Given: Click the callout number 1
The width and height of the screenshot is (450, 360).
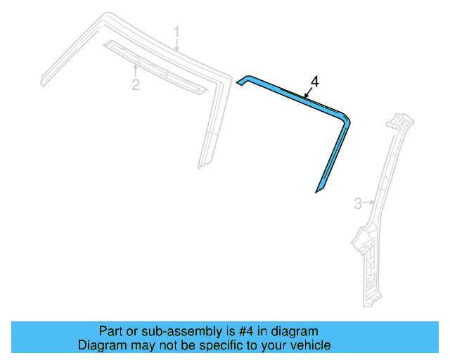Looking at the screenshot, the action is (x=177, y=32).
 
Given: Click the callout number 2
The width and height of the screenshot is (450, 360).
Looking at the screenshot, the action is (x=136, y=85).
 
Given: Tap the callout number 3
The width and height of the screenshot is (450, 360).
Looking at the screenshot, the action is (x=357, y=204).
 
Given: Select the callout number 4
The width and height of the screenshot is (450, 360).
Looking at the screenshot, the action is (x=314, y=82).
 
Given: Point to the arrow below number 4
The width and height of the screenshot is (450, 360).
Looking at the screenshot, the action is (x=307, y=93).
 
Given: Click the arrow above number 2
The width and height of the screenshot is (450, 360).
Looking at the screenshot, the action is (x=136, y=70).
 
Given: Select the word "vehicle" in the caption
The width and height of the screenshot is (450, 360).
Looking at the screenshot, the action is (x=310, y=345).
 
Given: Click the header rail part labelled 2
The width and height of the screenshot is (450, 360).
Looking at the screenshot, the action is (x=155, y=67).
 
